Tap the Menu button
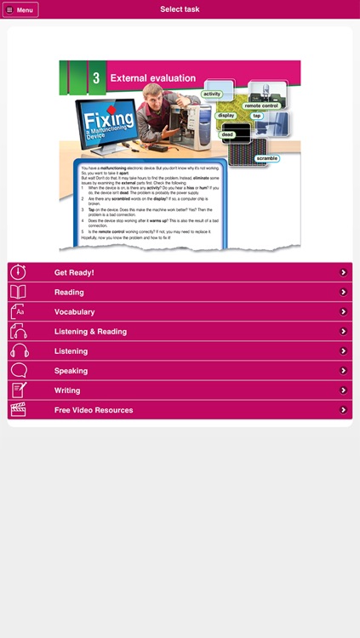click(x=21, y=9)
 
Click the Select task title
click(x=180, y=9)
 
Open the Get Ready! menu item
click(x=74, y=272)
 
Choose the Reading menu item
click(x=69, y=292)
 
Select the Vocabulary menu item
click(x=74, y=311)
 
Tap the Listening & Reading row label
click(x=90, y=332)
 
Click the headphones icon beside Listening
click(x=19, y=351)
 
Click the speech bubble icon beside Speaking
click(x=19, y=371)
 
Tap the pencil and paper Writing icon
click(x=19, y=390)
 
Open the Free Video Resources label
click(x=94, y=410)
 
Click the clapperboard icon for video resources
click(x=19, y=410)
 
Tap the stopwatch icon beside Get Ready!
click(x=19, y=272)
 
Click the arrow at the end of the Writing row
click(x=343, y=390)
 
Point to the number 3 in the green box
click(x=96, y=78)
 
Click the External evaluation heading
click(x=152, y=78)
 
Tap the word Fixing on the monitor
click(x=109, y=117)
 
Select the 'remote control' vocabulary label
click(x=261, y=105)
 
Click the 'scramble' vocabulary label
click(x=266, y=158)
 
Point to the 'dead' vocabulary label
click(x=227, y=134)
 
